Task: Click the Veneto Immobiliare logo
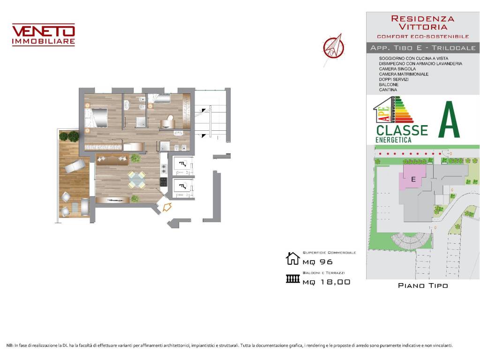[x=43, y=35]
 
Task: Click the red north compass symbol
[x=333, y=47]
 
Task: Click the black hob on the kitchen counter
[x=164, y=181]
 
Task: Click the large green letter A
[x=449, y=121]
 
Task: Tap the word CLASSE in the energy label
[x=402, y=130]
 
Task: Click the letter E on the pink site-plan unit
[x=413, y=179]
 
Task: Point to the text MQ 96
[x=317, y=262]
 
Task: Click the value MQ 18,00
[x=326, y=282]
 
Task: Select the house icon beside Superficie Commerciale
[x=292, y=258]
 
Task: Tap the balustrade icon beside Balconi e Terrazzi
[x=292, y=279]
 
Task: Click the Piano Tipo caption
[x=422, y=285]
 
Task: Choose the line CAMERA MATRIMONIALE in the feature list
[x=404, y=74]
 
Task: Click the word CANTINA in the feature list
[x=388, y=90]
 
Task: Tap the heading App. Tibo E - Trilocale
[x=422, y=48]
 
